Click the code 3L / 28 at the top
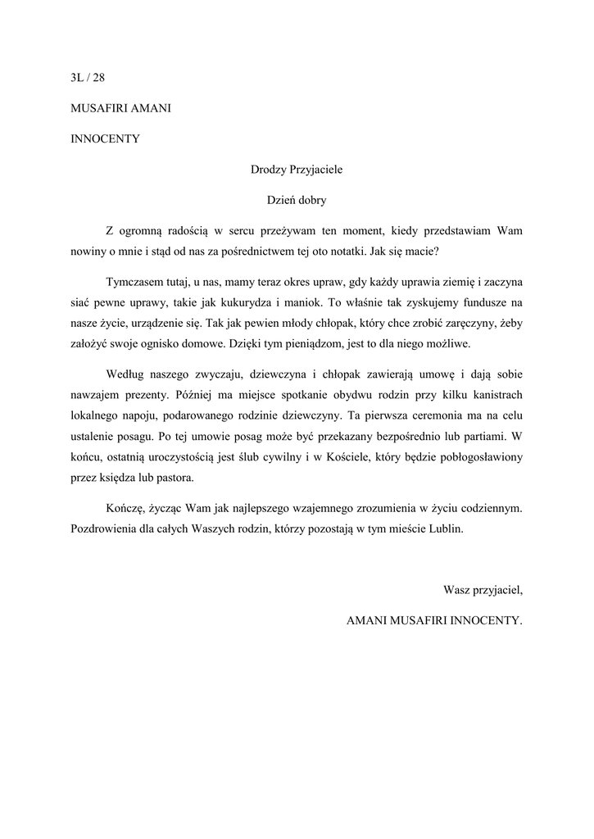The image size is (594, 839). [x=88, y=79]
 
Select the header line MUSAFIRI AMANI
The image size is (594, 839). [x=120, y=108]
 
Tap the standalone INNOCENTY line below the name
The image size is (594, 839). [x=106, y=138]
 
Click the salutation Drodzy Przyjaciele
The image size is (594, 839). [x=297, y=170]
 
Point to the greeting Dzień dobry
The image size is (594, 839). [x=297, y=199]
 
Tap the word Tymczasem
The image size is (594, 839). [x=135, y=282]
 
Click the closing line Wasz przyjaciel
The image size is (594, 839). [x=482, y=589]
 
